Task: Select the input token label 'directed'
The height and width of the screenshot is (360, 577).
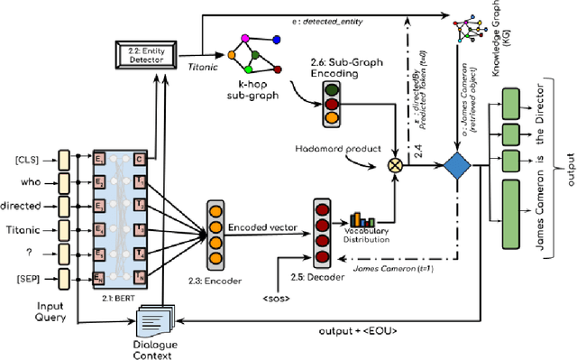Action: tap(23, 205)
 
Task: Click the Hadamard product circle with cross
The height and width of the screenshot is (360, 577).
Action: tap(393, 164)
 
